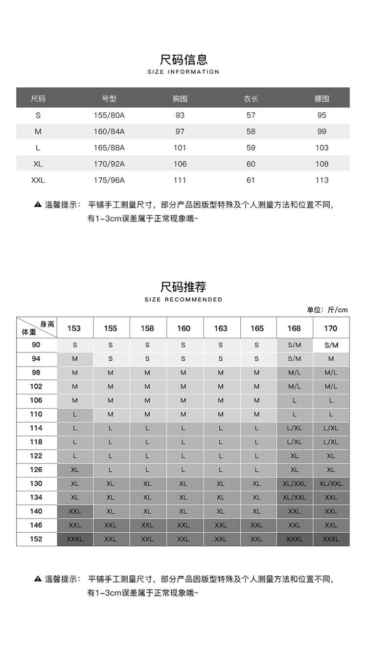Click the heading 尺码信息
pyautogui.click(x=183, y=60)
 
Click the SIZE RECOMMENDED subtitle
pyautogui.click(x=183, y=299)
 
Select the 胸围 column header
pyautogui.click(x=180, y=99)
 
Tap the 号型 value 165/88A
pyautogui.click(x=109, y=148)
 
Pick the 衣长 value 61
pyautogui.click(x=251, y=180)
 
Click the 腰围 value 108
pyautogui.click(x=321, y=164)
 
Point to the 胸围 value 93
pyautogui.click(x=180, y=115)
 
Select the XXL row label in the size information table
pyautogui.click(x=38, y=180)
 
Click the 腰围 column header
pyautogui.click(x=321, y=99)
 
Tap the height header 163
pyautogui.click(x=221, y=328)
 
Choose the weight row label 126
pyautogui.click(x=36, y=470)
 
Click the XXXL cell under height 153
pyautogui.click(x=75, y=539)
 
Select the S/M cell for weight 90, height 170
pyautogui.click(x=331, y=345)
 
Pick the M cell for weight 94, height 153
pyautogui.click(x=75, y=359)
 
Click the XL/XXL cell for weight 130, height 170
pyautogui.click(x=331, y=483)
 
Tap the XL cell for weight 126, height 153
pyautogui.click(x=75, y=470)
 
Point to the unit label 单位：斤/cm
pyautogui.click(x=327, y=309)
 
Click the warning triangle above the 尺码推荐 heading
pyautogui.click(x=38, y=204)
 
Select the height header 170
pyautogui.click(x=331, y=328)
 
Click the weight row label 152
pyautogui.click(x=36, y=539)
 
